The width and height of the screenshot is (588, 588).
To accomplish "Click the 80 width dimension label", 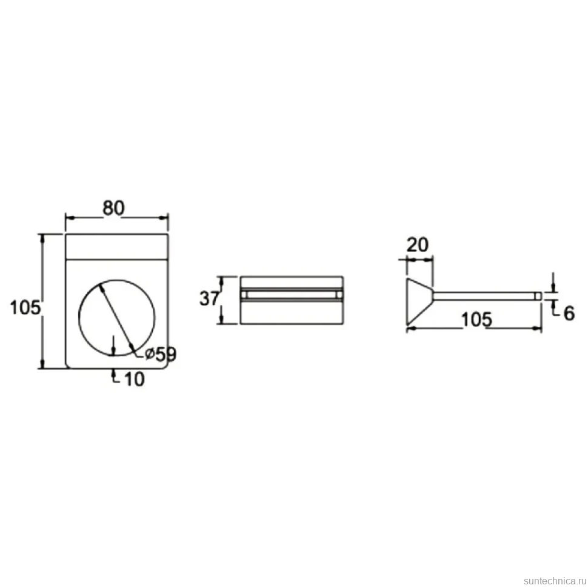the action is (x=113, y=208).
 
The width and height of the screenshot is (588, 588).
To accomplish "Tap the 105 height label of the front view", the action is (x=25, y=308).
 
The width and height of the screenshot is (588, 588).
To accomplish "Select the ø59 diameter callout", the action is (x=161, y=354).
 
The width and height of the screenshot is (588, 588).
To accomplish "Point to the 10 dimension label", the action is (x=134, y=379).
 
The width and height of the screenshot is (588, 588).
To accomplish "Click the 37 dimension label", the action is (x=209, y=299).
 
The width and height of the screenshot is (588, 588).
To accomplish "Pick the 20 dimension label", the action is (x=418, y=245).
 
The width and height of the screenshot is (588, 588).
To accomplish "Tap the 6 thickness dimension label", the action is (x=569, y=313).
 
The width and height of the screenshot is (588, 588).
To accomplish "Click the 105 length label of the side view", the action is (x=476, y=320).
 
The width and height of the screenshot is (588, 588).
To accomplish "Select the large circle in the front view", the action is (x=79, y=317).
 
